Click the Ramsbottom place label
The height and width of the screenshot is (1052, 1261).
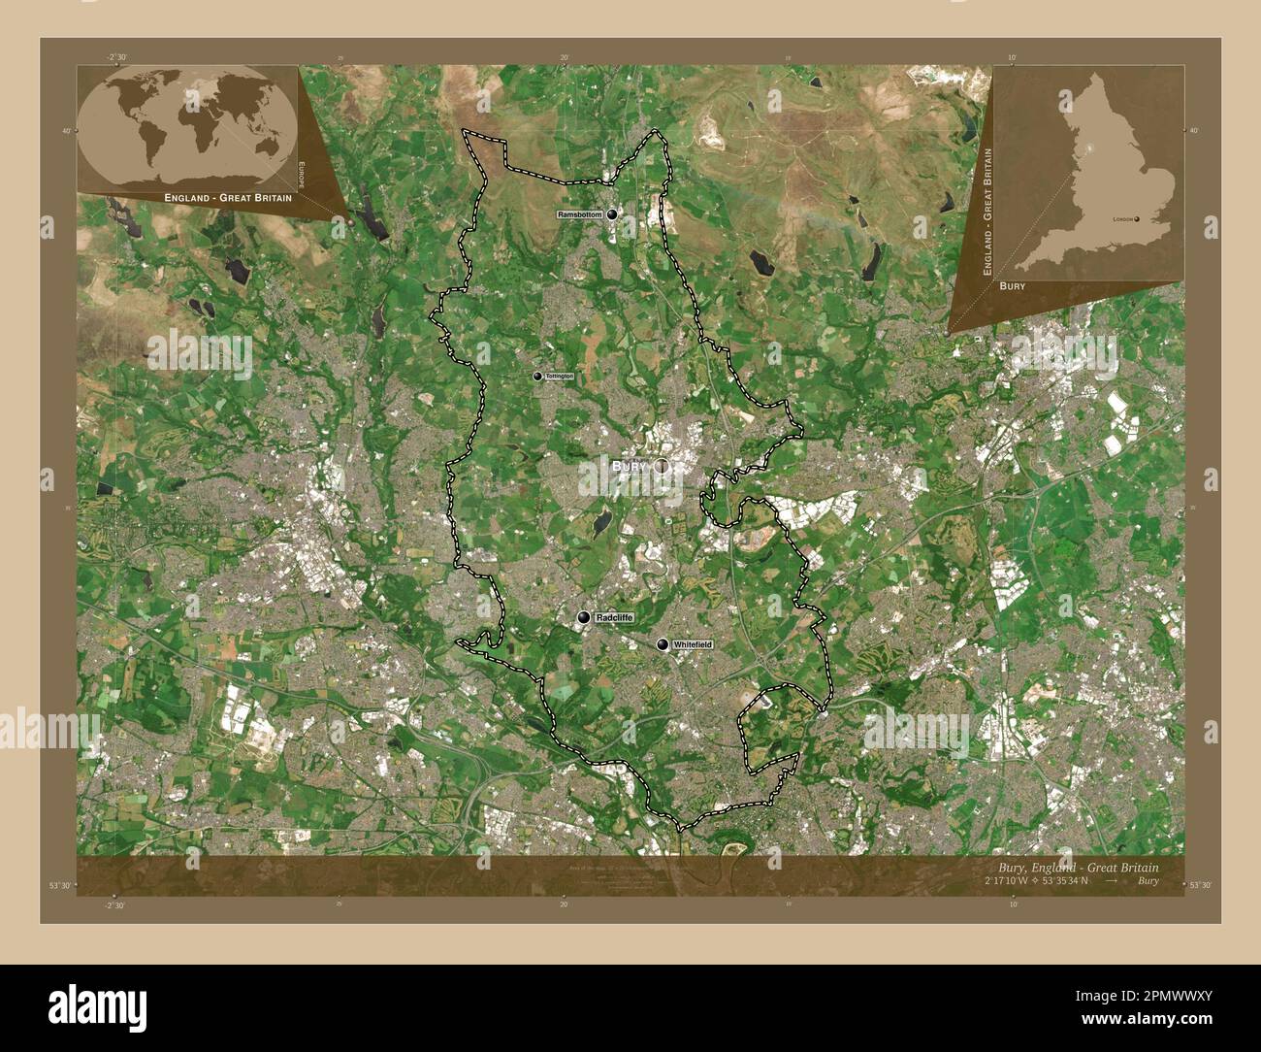(x=580, y=214)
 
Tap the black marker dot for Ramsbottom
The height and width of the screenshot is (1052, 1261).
(x=613, y=215)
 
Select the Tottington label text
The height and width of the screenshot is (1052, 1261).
(x=560, y=376)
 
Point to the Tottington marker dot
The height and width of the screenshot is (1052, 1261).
(x=537, y=376)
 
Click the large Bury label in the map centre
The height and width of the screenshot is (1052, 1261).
(x=629, y=467)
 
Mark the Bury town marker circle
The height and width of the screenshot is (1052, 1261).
(x=663, y=467)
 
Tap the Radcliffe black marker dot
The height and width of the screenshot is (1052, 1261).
(x=584, y=617)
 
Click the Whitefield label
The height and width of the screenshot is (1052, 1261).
(x=692, y=644)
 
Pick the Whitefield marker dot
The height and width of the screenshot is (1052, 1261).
(x=663, y=644)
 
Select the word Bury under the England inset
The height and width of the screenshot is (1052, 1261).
(x=1012, y=287)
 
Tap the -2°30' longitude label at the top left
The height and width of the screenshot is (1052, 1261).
(x=118, y=58)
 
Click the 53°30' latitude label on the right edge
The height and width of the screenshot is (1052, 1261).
(x=1201, y=883)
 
